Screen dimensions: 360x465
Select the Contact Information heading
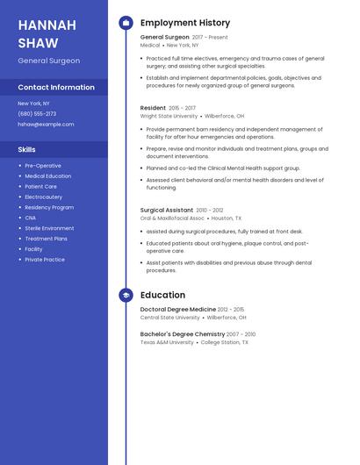pyautogui.click(x=56, y=88)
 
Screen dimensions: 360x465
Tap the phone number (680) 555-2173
pyautogui.click(x=37, y=113)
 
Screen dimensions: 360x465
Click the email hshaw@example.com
pyautogui.click(x=46, y=124)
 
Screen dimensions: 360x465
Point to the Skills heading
pyautogui.click(x=26, y=150)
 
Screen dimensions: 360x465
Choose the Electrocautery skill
pyautogui.click(x=43, y=197)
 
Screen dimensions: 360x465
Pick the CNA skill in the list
pyautogui.click(x=30, y=218)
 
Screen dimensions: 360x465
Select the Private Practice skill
pyautogui.click(x=45, y=260)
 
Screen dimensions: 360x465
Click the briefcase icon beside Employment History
pyautogui.click(x=126, y=23)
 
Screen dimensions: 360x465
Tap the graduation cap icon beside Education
pyautogui.click(x=126, y=296)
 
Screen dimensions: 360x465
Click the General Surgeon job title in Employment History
pyautogui.click(x=164, y=38)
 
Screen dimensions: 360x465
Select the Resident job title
pyautogui.click(x=153, y=108)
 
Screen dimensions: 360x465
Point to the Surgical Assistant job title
pyautogui.click(x=167, y=211)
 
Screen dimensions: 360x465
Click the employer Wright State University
pyautogui.click(x=169, y=116)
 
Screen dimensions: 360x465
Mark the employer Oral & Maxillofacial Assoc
pyautogui.click(x=172, y=218)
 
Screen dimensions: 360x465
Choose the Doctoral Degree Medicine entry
pyautogui.click(x=177, y=310)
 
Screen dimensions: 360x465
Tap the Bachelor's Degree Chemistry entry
pyautogui.click(x=183, y=334)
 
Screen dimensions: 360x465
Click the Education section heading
pyautogui.click(x=162, y=296)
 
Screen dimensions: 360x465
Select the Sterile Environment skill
pyautogui.click(x=49, y=228)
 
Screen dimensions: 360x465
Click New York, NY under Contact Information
pyautogui.click(x=33, y=104)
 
